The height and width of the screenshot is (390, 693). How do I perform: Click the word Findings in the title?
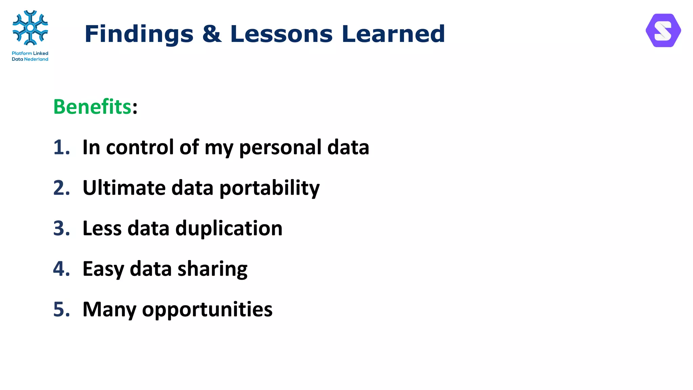(x=139, y=35)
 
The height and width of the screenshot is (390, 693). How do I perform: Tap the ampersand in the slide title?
(x=212, y=34)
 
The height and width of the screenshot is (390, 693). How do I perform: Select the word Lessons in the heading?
(x=281, y=34)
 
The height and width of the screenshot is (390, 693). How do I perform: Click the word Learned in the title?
(x=393, y=34)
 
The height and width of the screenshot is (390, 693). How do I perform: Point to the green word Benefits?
(x=92, y=107)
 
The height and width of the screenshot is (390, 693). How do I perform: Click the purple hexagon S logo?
(x=663, y=30)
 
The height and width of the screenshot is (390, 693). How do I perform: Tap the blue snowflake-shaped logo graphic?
(x=30, y=28)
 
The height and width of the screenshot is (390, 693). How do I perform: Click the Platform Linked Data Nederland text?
(x=30, y=56)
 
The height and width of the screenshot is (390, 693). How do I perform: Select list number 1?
(x=61, y=147)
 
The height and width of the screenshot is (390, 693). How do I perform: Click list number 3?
(x=61, y=228)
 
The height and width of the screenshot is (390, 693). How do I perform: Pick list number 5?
(x=61, y=309)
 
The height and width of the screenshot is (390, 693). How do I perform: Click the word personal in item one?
(x=280, y=148)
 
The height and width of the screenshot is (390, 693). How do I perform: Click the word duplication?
(x=229, y=229)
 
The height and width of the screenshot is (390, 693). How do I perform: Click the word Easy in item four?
(x=103, y=269)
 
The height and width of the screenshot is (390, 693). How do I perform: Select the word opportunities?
(x=207, y=310)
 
